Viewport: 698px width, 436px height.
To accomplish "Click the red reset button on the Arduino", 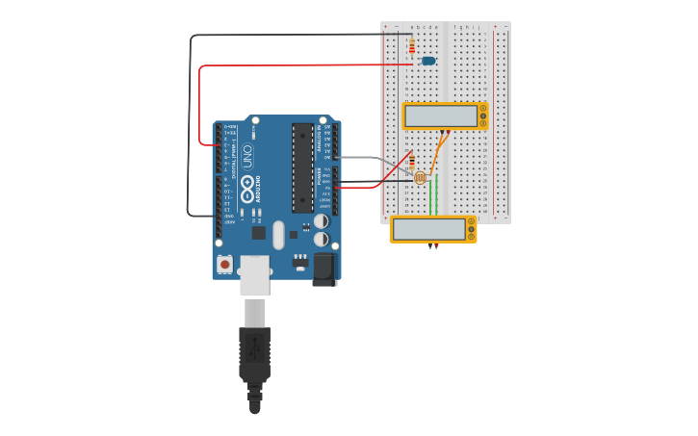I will [x=224, y=264].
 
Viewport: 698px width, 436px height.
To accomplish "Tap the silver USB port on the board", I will [x=255, y=274].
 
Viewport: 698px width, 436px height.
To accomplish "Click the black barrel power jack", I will [x=324, y=269].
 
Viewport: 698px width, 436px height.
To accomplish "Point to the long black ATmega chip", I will [x=302, y=167].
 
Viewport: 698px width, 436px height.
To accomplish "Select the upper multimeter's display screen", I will [x=441, y=116].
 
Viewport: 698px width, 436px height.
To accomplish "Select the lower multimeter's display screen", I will [x=428, y=229].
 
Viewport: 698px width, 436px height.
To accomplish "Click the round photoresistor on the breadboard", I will [x=420, y=177].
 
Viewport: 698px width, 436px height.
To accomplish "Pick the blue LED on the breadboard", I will [x=428, y=61].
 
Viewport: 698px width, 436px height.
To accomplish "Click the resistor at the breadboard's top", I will [x=412, y=46].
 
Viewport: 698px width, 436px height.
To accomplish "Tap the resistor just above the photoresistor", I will [x=412, y=161].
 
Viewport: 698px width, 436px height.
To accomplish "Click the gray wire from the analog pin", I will [x=361, y=157].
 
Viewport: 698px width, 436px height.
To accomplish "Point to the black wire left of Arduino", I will [x=189, y=125].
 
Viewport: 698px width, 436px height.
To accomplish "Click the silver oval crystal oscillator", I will [x=279, y=235].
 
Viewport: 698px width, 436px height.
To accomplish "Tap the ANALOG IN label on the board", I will [x=319, y=141].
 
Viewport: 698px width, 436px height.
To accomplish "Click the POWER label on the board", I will [x=319, y=177].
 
